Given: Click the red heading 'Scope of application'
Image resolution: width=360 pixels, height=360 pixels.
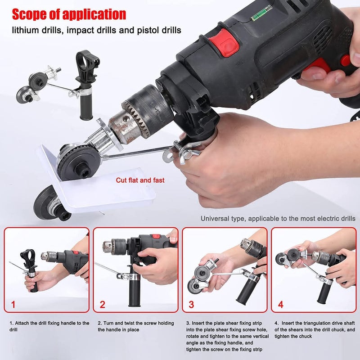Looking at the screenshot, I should click(69, 14).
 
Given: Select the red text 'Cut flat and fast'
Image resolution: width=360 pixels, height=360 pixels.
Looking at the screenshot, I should click(140, 180).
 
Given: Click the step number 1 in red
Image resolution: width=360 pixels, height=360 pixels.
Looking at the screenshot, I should click(13, 305).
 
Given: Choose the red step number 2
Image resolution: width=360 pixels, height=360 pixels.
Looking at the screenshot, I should click(102, 305).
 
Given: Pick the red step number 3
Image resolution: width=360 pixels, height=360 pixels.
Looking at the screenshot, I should click(191, 305).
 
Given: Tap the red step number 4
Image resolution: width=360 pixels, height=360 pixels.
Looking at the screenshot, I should click(280, 305).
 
